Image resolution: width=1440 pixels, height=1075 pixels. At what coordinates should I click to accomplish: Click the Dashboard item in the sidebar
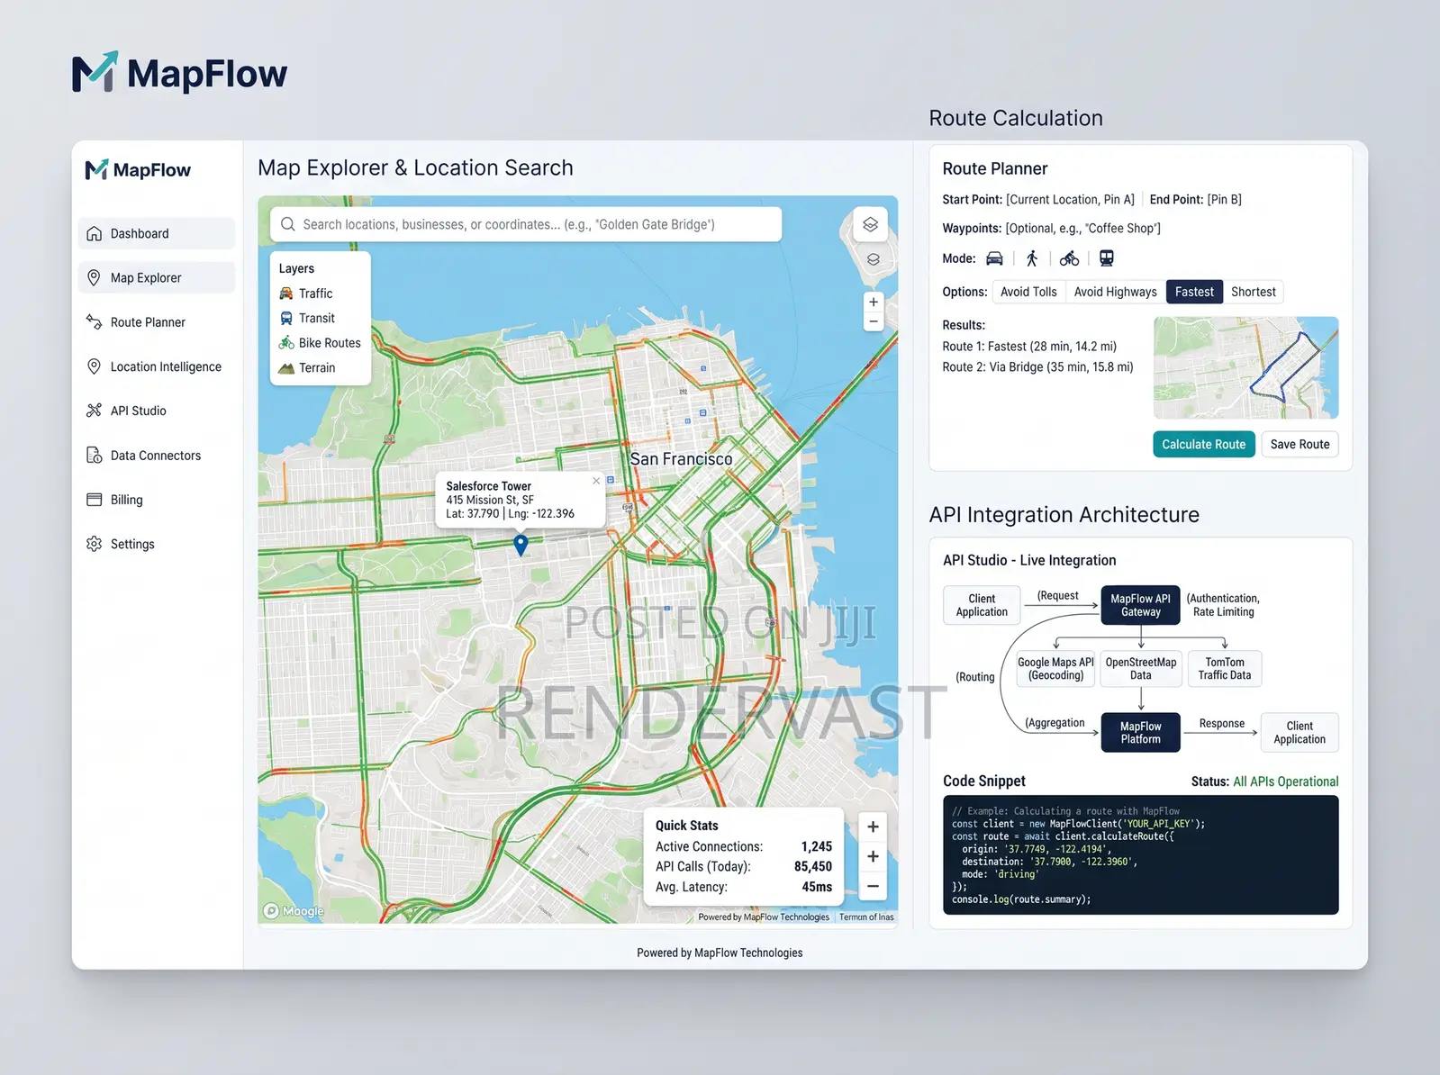(156, 233)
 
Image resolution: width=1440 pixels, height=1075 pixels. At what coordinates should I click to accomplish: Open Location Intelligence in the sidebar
(155, 366)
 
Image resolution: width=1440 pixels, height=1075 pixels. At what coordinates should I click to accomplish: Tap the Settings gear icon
(95, 544)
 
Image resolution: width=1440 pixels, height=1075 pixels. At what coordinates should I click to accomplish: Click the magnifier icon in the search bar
(287, 224)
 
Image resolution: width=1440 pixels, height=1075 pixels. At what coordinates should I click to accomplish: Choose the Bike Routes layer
(320, 342)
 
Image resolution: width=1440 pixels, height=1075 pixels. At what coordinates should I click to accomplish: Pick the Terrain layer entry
(307, 367)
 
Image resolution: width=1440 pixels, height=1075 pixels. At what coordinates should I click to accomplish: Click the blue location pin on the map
(521, 545)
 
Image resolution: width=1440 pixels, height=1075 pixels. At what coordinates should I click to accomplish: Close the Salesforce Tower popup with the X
(595, 481)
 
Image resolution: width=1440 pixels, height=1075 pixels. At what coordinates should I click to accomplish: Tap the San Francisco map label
(681, 459)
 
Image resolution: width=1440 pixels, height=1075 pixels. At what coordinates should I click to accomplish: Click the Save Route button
(1300, 444)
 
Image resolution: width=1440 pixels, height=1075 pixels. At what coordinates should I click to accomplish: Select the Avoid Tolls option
(1028, 292)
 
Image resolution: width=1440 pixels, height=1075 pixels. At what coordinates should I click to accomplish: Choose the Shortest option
(1253, 292)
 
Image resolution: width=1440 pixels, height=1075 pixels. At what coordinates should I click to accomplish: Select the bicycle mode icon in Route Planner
(1069, 258)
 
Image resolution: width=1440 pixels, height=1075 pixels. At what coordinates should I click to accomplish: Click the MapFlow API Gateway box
(1140, 605)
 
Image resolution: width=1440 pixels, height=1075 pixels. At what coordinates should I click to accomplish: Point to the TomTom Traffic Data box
(1224, 668)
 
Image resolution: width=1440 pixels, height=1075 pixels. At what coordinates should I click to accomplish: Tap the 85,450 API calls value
(813, 866)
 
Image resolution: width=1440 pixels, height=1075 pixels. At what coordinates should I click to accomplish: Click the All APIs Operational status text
(1286, 781)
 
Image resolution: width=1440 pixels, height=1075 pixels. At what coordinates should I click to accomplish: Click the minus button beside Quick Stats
(873, 886)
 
